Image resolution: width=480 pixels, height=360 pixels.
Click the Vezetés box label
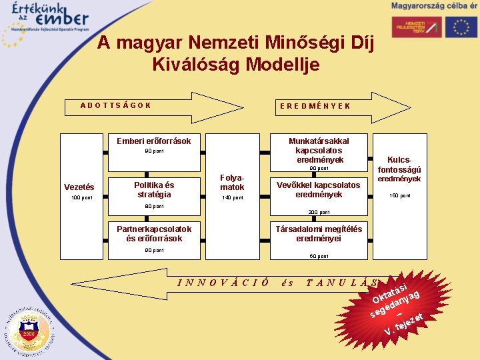79,187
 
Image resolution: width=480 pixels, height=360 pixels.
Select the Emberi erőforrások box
154,141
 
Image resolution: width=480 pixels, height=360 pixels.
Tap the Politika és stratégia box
154,190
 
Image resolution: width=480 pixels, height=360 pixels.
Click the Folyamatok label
232,182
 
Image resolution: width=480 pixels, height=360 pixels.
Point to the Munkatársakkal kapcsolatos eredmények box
319,150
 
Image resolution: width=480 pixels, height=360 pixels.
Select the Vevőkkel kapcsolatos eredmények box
319,190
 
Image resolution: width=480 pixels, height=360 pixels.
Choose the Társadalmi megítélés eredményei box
319,233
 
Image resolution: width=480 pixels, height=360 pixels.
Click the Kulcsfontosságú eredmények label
399,169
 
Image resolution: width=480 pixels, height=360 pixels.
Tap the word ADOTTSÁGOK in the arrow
115,105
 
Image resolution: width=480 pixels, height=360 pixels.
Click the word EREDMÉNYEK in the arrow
315,106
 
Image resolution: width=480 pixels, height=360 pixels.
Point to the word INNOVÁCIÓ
223,282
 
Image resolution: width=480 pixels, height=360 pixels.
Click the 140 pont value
232,198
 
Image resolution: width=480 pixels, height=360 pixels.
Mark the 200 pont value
319,212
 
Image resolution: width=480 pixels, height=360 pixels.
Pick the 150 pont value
400,196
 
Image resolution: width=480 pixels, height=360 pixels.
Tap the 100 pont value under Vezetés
83,198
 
